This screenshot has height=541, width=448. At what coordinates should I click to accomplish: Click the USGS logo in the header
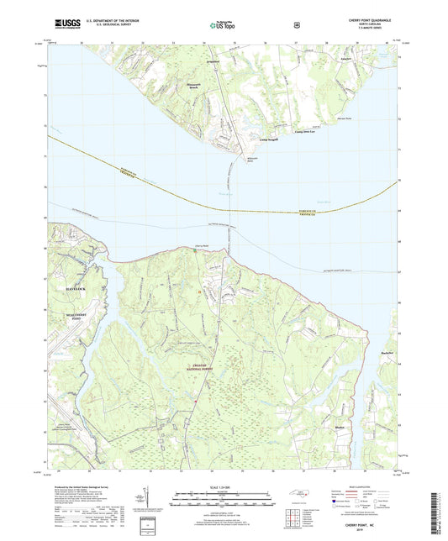coord(62,26)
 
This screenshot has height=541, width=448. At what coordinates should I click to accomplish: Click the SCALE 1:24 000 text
coord(223,486)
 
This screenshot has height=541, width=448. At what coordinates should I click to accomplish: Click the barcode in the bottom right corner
coord(435,512)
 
